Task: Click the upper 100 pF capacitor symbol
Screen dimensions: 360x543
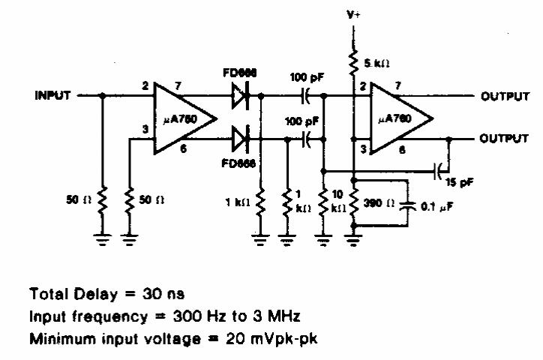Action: click(x=307, y=97)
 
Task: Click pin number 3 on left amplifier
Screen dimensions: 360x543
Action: click(x=145, y=131)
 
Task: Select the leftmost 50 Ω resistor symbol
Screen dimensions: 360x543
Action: click(x=103, y=201)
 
